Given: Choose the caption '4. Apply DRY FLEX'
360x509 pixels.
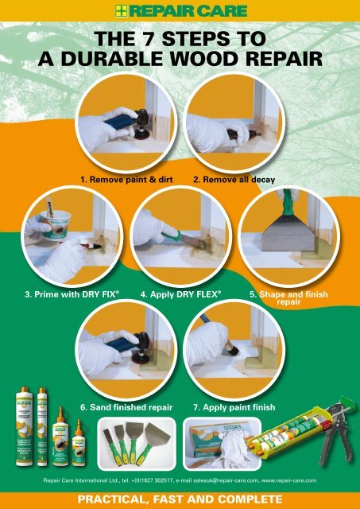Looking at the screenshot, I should click(180, 293).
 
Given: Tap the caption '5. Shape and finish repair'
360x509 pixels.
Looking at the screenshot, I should click(288, 297).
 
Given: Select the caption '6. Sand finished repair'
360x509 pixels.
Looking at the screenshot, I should click(126, 406).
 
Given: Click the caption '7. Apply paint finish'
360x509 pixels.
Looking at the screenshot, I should click(234, 406).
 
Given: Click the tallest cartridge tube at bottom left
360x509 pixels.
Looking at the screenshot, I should click(23, 429).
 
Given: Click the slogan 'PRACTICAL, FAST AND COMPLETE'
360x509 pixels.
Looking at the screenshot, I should click(180, 499).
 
